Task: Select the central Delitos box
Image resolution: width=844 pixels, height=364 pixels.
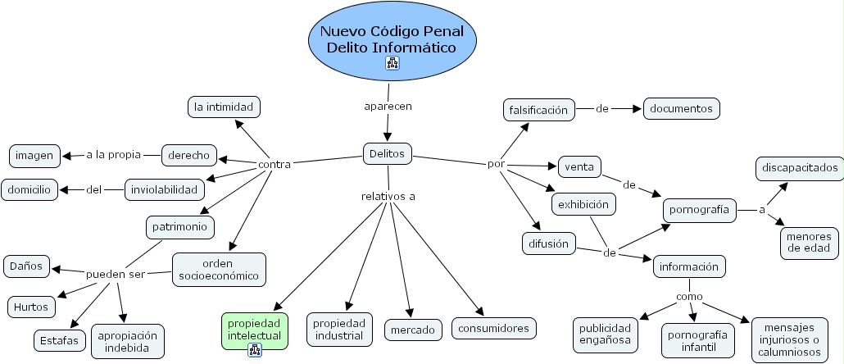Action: click(x=388, y=153)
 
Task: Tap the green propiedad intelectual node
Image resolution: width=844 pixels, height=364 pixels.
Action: click(x=255, y=329)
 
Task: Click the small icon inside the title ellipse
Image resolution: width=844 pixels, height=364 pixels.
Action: click(x=392, y=63)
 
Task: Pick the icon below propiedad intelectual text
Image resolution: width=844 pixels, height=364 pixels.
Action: click(x=255, y=350)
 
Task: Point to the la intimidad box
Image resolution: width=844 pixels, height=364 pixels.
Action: click(x=224, y=107)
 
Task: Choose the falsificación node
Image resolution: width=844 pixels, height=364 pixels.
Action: click(x=538, y=109)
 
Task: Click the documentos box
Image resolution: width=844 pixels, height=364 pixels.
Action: click(x=682, y=107)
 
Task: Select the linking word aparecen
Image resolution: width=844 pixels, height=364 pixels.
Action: click(x=388, y=107)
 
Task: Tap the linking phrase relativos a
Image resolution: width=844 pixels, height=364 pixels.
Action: click(x=388, y=196)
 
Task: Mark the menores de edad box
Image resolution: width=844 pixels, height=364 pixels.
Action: click(x=809, y=242)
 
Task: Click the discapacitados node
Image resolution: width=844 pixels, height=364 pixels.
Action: click(x=799, y=168)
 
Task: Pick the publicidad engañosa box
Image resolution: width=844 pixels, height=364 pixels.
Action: click(x=605, y=333)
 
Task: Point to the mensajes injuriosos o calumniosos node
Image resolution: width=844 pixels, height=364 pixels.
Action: click(x=790, y=339)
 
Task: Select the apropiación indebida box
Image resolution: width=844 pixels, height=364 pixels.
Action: click(x=127, y=341)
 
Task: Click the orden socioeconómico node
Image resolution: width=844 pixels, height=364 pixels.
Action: click(x=219, y=270)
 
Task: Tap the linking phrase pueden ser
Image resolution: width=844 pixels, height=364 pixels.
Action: click(x=115, y=274)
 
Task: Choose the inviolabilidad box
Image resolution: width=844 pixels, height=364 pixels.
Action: click(x=164, y=190)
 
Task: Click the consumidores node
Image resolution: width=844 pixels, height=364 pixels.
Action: click(x=494, y=329)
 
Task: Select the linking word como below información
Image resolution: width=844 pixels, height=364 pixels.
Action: click(x=688, y=296)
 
